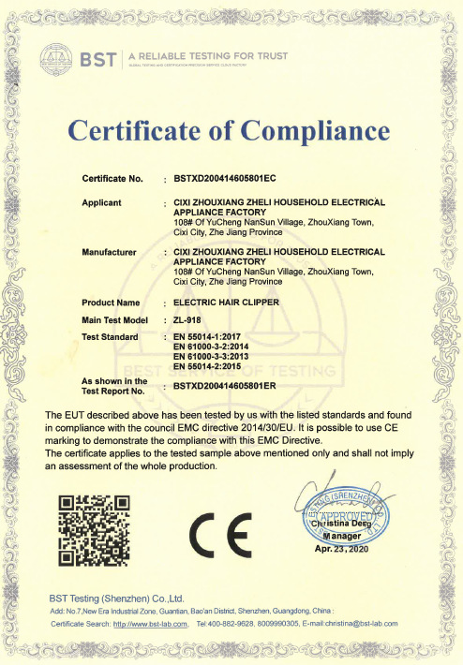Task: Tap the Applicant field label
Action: [105, 201]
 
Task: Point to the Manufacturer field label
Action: [111, 253]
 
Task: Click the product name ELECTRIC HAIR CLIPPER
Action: [227, 303]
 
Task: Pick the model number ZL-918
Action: [188, 319]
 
